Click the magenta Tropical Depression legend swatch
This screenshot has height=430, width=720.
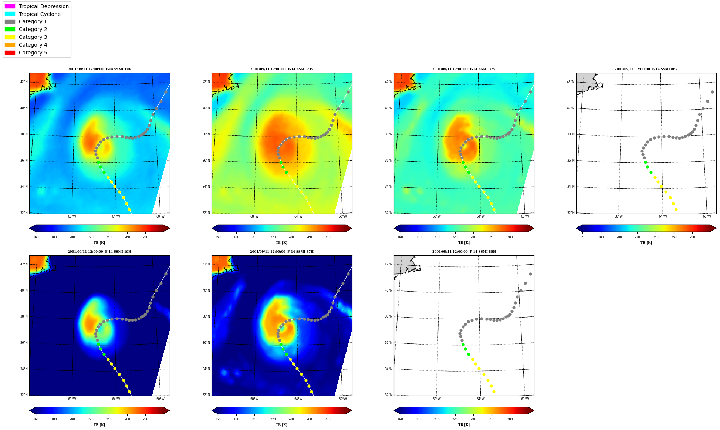pos(10,6)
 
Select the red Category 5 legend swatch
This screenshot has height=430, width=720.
pos(10,53)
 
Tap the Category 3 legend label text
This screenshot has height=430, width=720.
pos(33,37)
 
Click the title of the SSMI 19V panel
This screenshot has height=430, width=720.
pos(99,69)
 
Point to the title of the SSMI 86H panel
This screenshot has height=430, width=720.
pos(464,252)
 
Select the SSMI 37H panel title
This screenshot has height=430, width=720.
pos(282,252)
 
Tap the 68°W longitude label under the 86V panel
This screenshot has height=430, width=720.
pos(619,216)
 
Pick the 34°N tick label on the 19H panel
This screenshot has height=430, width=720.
pos(24,369)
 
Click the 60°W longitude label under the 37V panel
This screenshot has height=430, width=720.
pos(525,216)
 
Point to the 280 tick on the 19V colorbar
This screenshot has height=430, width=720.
pos(145,237)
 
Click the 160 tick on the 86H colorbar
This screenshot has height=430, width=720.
pos(400,419)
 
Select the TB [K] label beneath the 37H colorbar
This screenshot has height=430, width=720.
pos(282,425)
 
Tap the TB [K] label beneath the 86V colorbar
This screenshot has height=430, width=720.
pos(646,243)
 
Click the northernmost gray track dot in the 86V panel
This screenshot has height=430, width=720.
pos(712,92)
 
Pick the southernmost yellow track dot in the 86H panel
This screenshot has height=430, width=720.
pos(494,392)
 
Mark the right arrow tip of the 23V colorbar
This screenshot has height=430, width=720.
pos(352,228)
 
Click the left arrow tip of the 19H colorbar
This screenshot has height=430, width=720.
pos(30,410)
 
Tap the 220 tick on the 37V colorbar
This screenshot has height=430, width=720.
pos(455,237)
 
